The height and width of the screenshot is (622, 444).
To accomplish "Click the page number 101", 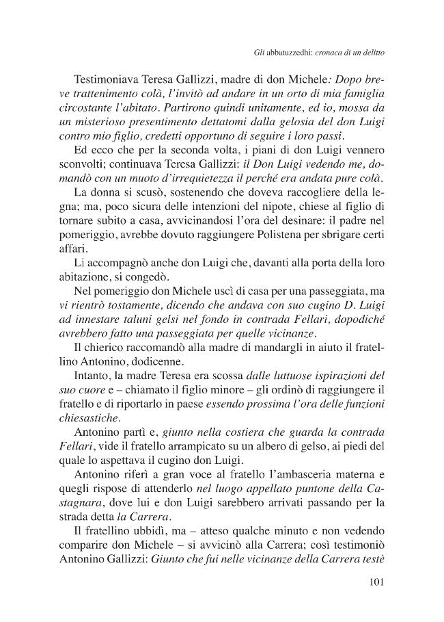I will (374, 584).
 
